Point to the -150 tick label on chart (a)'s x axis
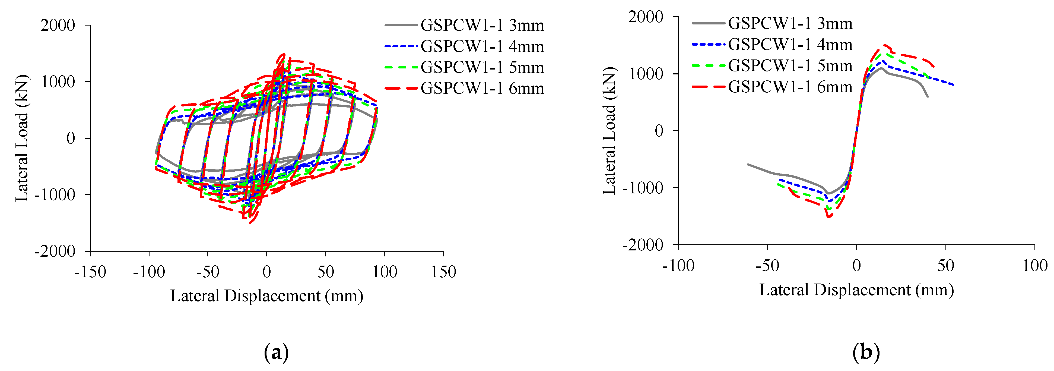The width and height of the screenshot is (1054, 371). [90, 272]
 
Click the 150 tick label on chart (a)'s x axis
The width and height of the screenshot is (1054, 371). [443, 272]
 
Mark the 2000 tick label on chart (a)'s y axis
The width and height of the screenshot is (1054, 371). [58, 25]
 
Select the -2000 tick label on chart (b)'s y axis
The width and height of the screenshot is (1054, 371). [642, 245]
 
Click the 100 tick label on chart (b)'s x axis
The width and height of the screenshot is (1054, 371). [1034, 266]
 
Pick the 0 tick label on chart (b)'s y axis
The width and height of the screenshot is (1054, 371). [659, 131]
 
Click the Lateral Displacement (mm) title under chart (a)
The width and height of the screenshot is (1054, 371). [266, 296]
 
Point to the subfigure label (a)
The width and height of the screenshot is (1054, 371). [277, 353]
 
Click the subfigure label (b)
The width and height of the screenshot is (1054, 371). [866, 353]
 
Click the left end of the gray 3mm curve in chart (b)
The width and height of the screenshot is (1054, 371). [748, 164]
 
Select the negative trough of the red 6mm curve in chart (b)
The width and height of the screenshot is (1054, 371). [828, 217]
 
